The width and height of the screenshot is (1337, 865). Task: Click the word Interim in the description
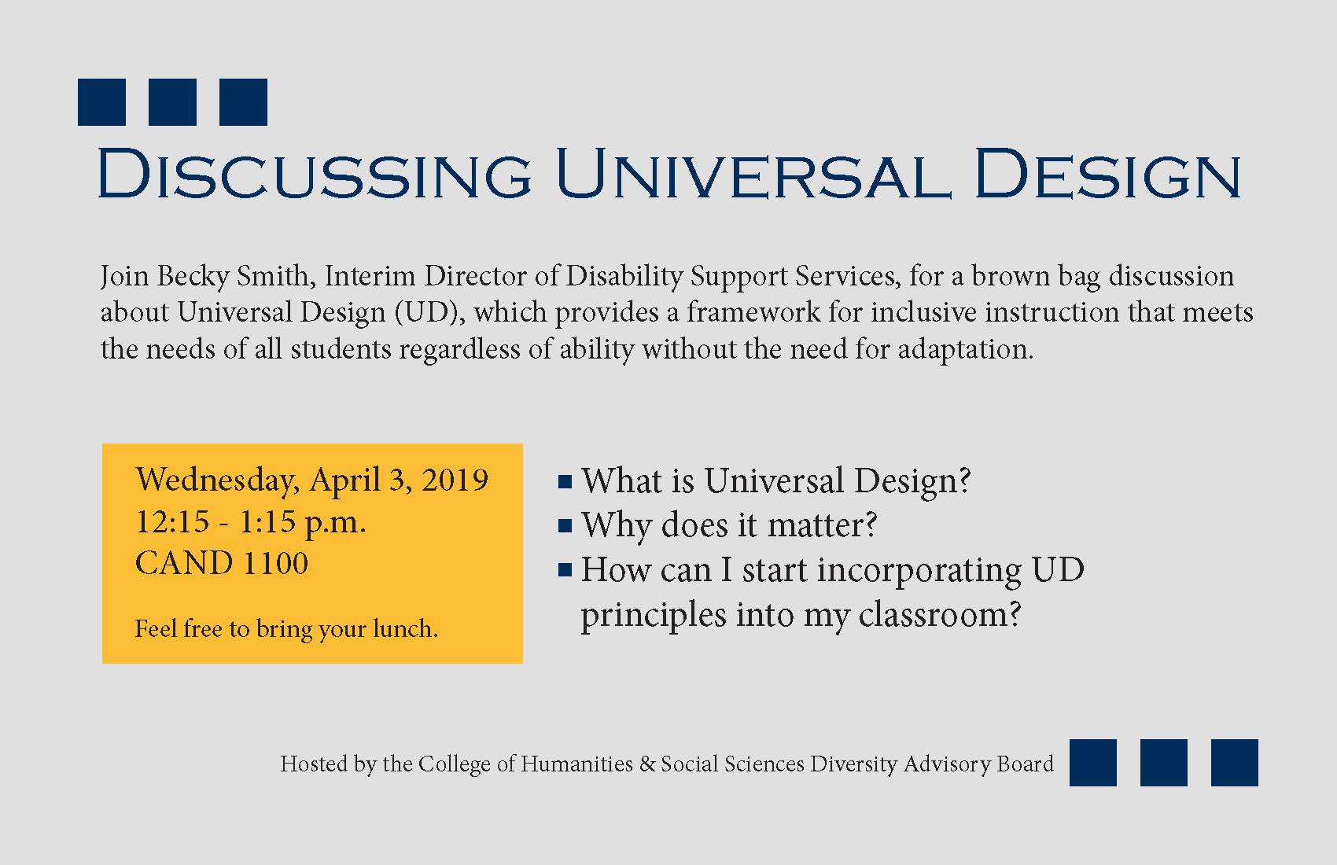tap(370, 276)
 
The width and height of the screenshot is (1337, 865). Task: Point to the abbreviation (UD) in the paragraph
tap(429, 313)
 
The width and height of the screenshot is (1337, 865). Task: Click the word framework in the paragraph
tap(753, 312)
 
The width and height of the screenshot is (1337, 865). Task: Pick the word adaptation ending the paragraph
tap(965, 350)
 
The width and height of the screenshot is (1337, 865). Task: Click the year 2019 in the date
tap(455, 480)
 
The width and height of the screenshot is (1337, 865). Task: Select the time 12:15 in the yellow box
tap(172, 521)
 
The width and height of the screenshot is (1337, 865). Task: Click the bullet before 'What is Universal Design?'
tap(565, 482)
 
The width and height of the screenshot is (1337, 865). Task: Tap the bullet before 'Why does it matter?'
tap(565, 526)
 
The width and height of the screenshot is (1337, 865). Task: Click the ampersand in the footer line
tap(647, 764)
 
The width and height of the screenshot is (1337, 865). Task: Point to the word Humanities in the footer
tap(576, 764)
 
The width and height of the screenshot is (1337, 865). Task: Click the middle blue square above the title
tap(172, 102)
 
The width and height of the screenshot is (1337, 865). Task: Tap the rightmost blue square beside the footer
tap(1234, 762)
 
